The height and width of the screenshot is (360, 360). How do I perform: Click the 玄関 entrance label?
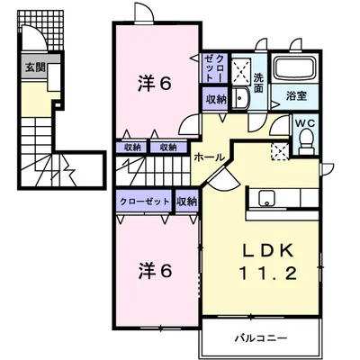click(35, 67)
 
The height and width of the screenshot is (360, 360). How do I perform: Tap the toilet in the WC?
click(307, 139)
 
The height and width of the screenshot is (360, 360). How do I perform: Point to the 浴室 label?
click(296, 96)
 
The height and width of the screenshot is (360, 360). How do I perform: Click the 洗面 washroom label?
click(258, 83)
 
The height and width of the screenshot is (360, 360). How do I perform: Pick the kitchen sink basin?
click(266, 199)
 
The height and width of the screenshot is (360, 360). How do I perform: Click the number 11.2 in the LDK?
click(268, 274)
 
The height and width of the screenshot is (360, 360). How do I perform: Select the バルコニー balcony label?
click(261, 338)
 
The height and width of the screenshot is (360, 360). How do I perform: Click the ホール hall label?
click(209, 157)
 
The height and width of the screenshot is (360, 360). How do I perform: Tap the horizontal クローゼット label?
click(145, 202)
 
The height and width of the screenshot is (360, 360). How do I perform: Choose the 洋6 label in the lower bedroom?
click(155, 271)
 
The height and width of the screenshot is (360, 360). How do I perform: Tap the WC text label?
click(306, 122)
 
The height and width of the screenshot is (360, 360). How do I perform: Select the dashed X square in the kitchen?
click(279, 151)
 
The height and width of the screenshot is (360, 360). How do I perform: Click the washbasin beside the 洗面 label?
click(239, 98)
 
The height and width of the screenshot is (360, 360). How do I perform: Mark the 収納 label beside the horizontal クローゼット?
click(186, 202)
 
